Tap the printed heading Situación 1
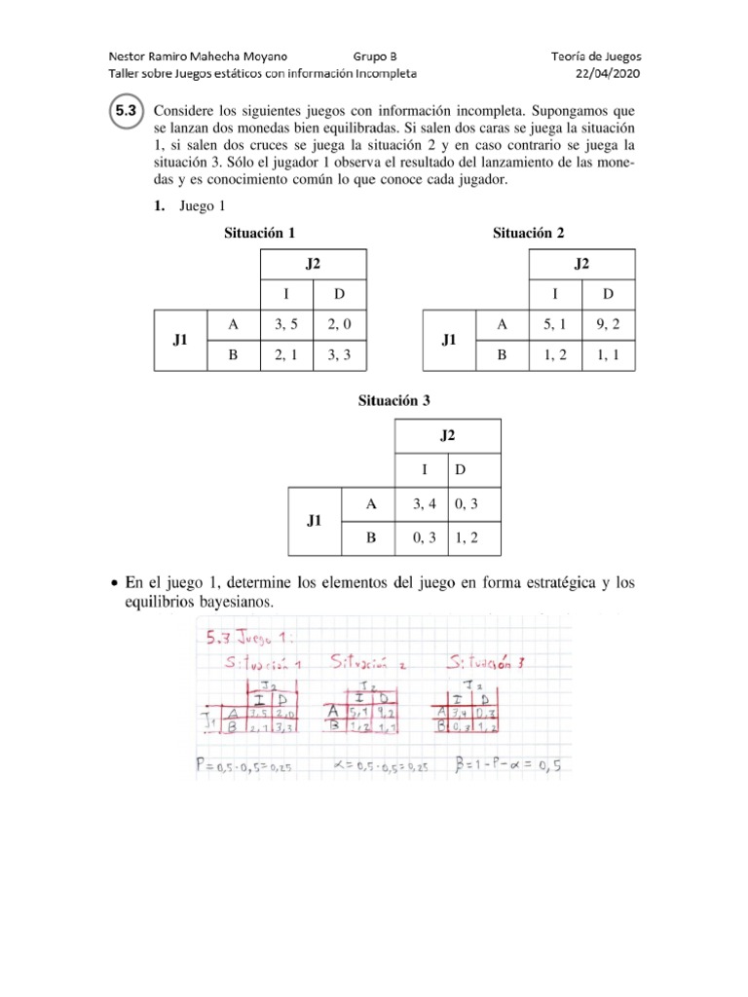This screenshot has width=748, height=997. (x=259, y=233)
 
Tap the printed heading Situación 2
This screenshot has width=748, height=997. (x=528, y=233)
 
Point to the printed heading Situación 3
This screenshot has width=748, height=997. (x=393, y=400)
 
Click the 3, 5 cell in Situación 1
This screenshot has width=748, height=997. (x=287, y=324)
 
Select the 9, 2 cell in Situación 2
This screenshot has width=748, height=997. (x=609, y=324)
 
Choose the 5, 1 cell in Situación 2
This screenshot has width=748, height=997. (x=555, y=324)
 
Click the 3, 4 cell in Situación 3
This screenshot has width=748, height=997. (x=421, y=503)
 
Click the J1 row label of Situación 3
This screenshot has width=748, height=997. (x=315, y=520)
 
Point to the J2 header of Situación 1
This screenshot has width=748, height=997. (x=313, y=264)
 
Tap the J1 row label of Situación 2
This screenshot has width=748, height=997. (x=448, y=340)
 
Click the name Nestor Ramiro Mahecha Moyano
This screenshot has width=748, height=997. (x=198, y=56)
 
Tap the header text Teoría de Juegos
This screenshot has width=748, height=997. (x=595, y=56)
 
